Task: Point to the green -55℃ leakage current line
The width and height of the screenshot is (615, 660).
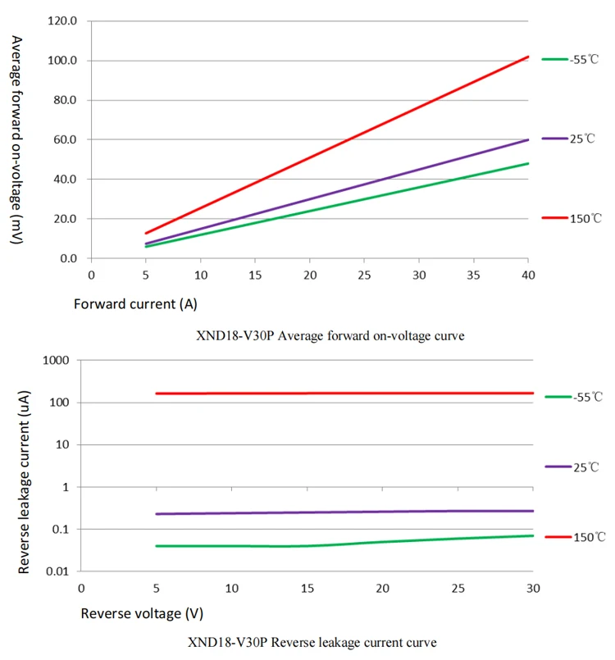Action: pos(246,546)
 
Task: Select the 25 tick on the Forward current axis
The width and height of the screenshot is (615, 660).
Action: pos(363,274)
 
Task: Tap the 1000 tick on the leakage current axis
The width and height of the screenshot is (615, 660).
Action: pos(56,360)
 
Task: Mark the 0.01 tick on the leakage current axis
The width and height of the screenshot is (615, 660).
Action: pos(57,571)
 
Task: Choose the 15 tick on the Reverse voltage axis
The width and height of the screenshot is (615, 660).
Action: pos(307,588)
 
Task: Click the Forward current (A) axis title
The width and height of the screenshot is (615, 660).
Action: pos(135,304)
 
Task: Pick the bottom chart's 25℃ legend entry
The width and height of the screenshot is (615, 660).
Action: pos(574,467)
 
